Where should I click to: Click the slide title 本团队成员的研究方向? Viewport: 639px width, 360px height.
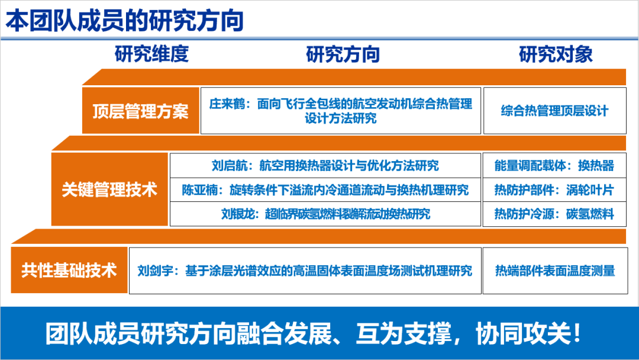pos(125,21)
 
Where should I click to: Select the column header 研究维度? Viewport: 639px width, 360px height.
pos(151,54)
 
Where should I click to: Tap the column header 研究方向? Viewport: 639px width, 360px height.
pos(343,54)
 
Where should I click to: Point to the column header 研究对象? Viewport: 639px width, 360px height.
pos(556,54)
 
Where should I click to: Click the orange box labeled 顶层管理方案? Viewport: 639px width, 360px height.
pos(141,111)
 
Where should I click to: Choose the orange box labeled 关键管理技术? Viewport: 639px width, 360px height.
pos(109,189)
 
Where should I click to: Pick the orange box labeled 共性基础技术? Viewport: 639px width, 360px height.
pos(69,270)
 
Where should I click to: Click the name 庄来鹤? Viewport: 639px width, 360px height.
pos(227,104)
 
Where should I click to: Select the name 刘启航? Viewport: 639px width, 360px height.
pos(230,166)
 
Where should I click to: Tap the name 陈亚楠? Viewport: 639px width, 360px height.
pos(200,190)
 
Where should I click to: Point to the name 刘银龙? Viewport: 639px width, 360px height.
pos(239,214)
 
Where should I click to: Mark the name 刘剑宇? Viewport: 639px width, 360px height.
pos(155,271)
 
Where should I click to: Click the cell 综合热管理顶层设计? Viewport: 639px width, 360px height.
pos(554,111)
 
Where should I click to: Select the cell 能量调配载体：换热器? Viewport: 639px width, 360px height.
pos(554,166)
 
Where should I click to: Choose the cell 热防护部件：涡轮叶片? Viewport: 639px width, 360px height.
pos(554,190)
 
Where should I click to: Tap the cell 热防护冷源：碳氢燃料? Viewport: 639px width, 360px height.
pos(554,214)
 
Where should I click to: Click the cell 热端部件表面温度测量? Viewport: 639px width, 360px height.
pos(555,271)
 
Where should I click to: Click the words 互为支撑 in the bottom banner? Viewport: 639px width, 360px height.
pos(403,333)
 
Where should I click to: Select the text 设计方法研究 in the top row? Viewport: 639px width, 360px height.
pos(341,118)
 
